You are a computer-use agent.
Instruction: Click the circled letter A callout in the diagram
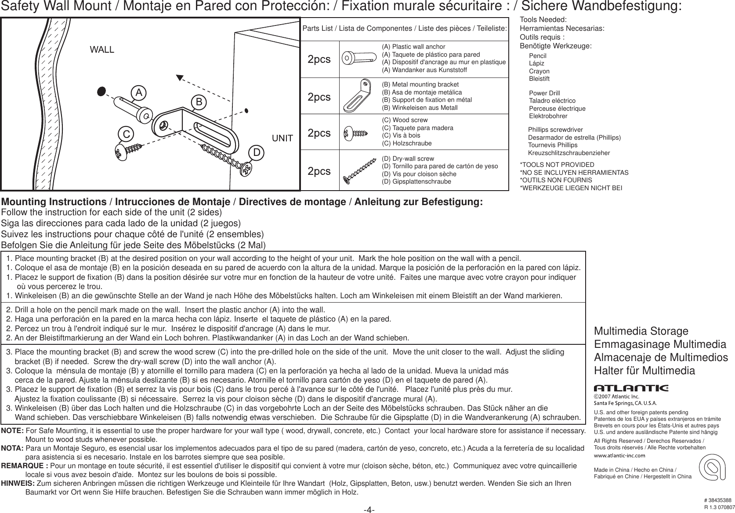click(x=138, y=93)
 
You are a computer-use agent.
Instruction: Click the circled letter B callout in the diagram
click(x=199, y=102)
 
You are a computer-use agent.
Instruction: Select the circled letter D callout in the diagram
click(x=257, y=152)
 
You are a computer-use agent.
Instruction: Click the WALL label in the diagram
click(x=102, y=50)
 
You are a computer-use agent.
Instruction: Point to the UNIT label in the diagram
click(x=283, y=138)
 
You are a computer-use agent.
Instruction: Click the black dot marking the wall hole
click(x=101, y=90)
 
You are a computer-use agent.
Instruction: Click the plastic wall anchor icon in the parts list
click(x=359, y=58)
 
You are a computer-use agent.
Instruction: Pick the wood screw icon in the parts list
click(x=355, y=132)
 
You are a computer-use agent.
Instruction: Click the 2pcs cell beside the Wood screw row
click(x=319, y=133)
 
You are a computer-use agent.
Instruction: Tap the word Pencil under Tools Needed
click(x=538, y=56)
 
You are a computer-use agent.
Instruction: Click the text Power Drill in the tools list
click(x=544, y=93)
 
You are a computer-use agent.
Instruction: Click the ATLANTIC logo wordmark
click(x=630, y=388)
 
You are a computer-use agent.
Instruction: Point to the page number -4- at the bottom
click(x=369, y=509)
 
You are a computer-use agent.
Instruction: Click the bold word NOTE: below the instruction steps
click(x=13, y=432)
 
